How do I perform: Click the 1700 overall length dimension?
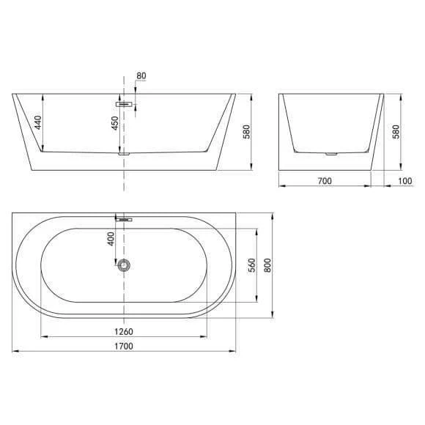click(x=124, y=346)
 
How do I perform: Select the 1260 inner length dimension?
click(x=124, y=331)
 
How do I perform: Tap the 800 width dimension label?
click(x=267, y=265)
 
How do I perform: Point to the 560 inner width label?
click(x=252, y=265)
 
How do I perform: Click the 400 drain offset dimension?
click(x=111, y=239)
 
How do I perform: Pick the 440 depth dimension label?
click(x=38, y=122)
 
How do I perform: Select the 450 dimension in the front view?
click(x=115, y=123)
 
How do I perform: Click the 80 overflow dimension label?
click(x=141, y=75)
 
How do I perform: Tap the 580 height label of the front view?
click(x=246, y=132)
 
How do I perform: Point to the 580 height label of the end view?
click(x=396, y=132)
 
